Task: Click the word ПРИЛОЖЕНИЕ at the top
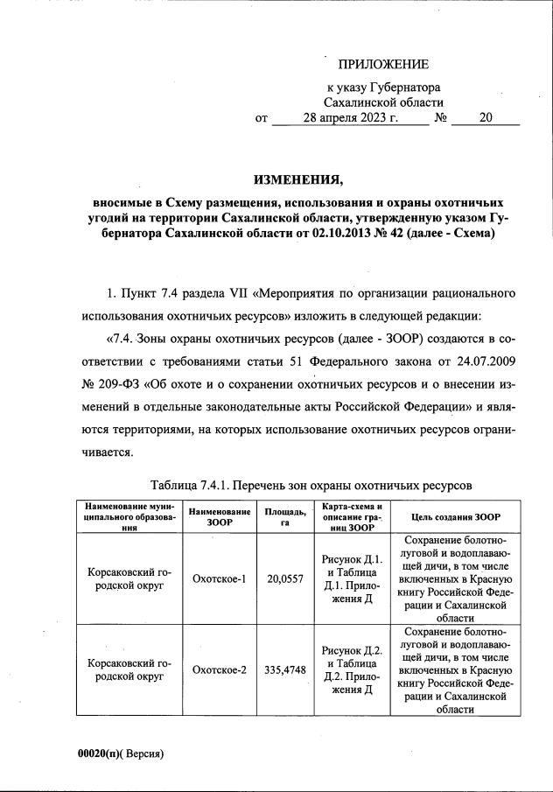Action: coord(383,65)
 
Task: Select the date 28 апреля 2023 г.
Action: coord(350,119)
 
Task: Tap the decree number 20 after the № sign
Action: coord(486,119)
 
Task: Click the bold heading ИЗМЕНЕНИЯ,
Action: coord(298,181)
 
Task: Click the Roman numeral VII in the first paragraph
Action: coord(239,291)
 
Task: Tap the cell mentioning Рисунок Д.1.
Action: coord(350,578)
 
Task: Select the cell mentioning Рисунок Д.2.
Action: coord(350,669)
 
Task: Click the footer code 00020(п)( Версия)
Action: coord(121,753)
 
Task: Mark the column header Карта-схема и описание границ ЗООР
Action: coord(350,516)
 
